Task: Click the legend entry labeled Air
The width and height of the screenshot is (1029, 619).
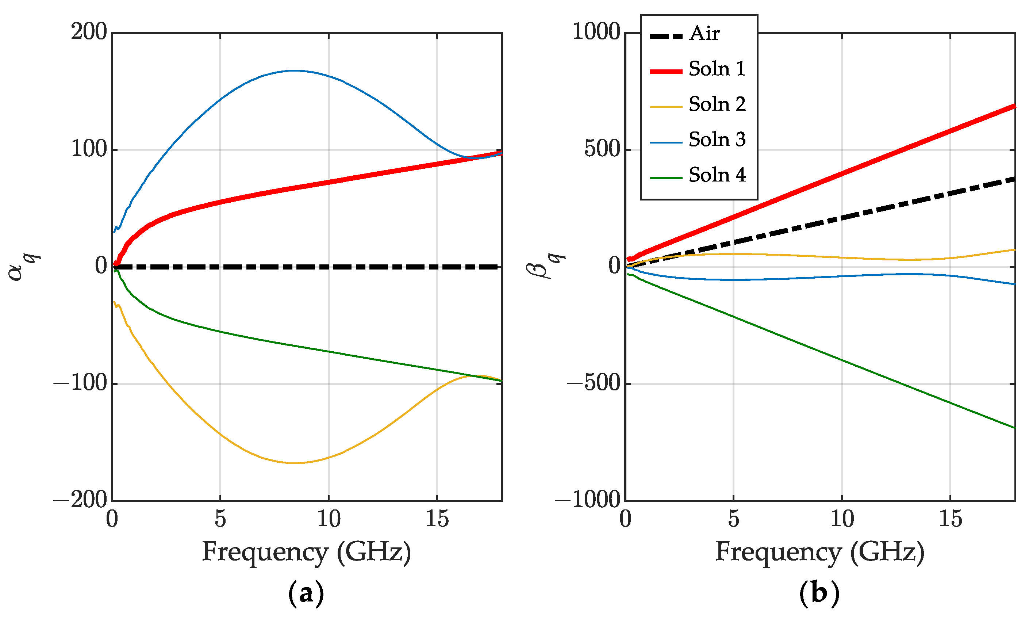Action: [x=704, y=33]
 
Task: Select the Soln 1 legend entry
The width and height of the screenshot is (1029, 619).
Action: [x=716, y=69]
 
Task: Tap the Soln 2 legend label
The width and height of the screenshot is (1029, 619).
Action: [x=717, y=104]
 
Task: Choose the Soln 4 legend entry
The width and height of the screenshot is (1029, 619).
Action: [x=717, y=175]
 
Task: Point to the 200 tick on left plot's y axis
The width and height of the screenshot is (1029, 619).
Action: [x=89, y=32]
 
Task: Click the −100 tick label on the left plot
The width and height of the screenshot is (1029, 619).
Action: [x=80, y=383]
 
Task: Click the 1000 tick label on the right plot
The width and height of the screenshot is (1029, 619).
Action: [x=596, y=32]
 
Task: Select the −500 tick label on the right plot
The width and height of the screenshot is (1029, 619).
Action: [x=594, y=383]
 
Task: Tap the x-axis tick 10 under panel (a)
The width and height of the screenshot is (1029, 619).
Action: [x=329, y=519]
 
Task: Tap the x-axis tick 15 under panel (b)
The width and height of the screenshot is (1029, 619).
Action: [x=950, y=519]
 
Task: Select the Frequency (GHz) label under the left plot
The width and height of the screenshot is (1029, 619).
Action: [x=307, y=553]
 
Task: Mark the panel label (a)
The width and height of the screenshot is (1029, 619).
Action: [x=306, y=593]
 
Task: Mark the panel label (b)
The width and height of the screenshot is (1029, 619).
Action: [x=819, y=593]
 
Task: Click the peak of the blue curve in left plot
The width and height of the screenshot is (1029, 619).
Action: [x=293, y=70]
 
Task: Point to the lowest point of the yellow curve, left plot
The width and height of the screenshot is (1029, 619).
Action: [x=293, y=463]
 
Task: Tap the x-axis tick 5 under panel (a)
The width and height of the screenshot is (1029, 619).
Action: [x=220, y=519]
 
